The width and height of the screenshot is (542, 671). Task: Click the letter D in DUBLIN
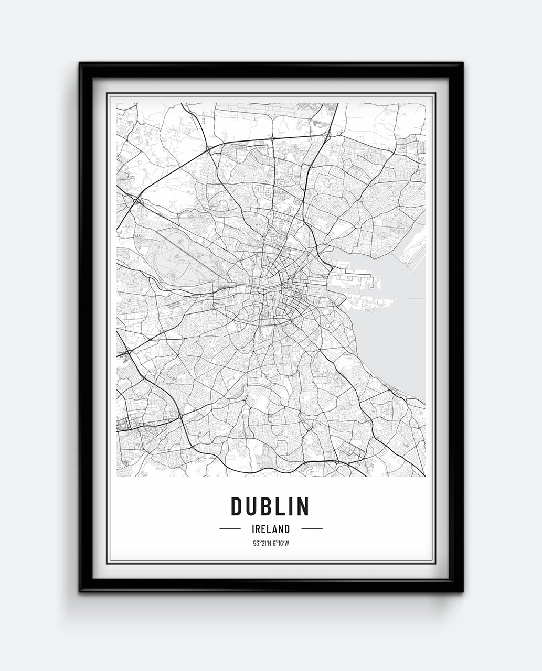click(x=236, y=506)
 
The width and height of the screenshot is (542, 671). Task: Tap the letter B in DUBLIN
click(x=263, y=506)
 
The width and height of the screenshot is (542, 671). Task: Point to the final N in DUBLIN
click(x=303, y=506)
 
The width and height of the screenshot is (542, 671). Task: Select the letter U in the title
click(x=250, y=506)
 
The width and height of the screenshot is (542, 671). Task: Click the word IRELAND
click(x=271, y=529)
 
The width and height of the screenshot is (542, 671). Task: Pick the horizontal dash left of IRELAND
click(x=230, y=529)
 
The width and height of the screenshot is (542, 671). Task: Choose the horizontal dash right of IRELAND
click(x=312, y=529)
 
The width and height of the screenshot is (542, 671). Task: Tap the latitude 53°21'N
click(x=261, y=543)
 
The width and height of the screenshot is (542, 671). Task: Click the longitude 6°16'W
click(x=281, y=543)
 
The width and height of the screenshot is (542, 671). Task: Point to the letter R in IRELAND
click(x=258, y=529)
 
